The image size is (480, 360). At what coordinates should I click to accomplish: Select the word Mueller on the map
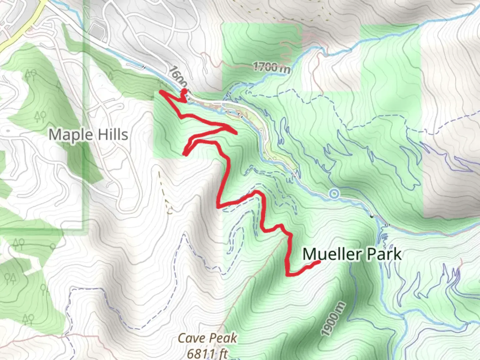click(x=332, y=254)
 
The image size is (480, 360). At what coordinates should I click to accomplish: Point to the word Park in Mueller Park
click(x=384, y=254)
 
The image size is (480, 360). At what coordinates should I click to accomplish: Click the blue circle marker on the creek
click(x=334, y=194)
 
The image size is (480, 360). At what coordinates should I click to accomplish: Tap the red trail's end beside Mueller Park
click(x=318, y=262)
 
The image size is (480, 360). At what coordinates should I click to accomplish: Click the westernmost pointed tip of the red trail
click(x=161, y=91)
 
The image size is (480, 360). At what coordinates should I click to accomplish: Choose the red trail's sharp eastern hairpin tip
click(x=236, y=134)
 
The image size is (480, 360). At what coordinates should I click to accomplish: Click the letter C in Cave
click(x=182, y=338)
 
